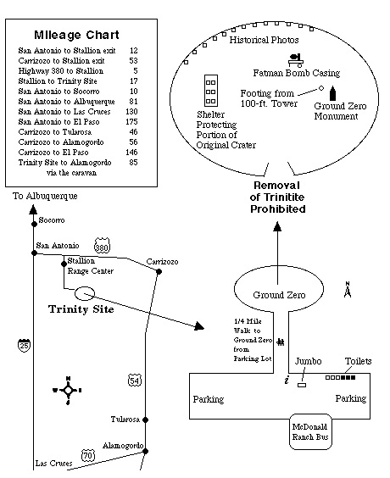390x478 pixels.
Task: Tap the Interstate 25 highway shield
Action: [x=22, y=345]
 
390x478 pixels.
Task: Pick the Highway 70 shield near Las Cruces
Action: [x=88, y=456]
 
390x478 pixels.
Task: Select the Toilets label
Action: [x=358, y=361]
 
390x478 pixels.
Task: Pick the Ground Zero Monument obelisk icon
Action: [x=335, y=92]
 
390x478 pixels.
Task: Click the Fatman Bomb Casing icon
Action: [x=298, y=59]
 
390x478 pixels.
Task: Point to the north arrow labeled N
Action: [x=348, y=290]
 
